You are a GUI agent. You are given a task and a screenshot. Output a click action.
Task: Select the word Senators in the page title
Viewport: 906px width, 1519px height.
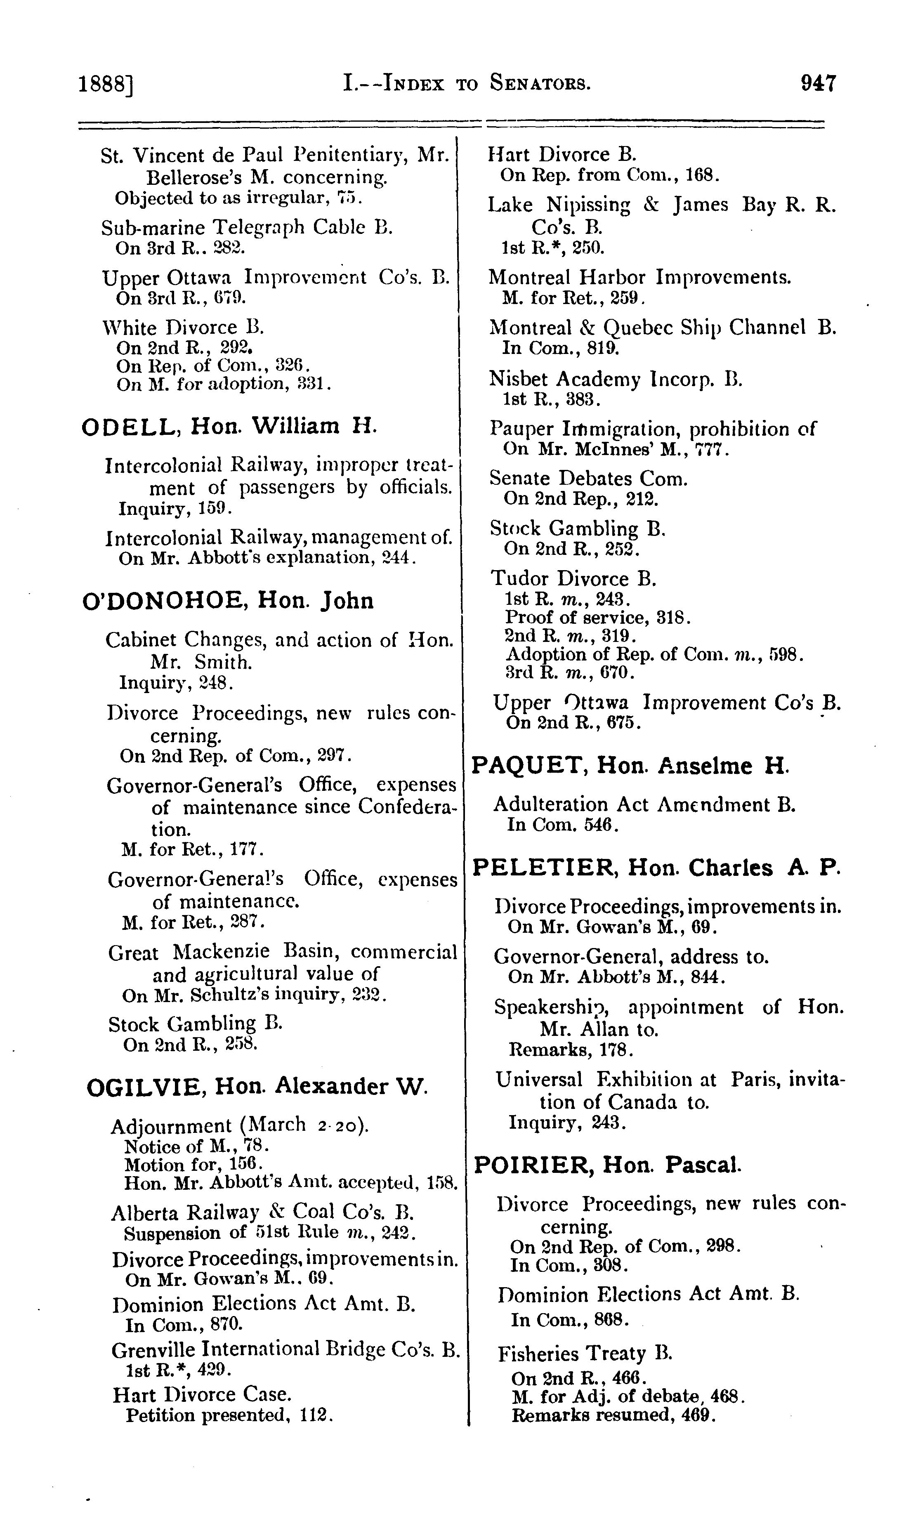click(x=540, y=83)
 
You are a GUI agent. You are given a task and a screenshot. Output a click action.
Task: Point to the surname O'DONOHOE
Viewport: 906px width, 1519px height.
click(x=164, y=601)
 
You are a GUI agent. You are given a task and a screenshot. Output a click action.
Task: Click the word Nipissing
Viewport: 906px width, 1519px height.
click(x=587, y=205)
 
